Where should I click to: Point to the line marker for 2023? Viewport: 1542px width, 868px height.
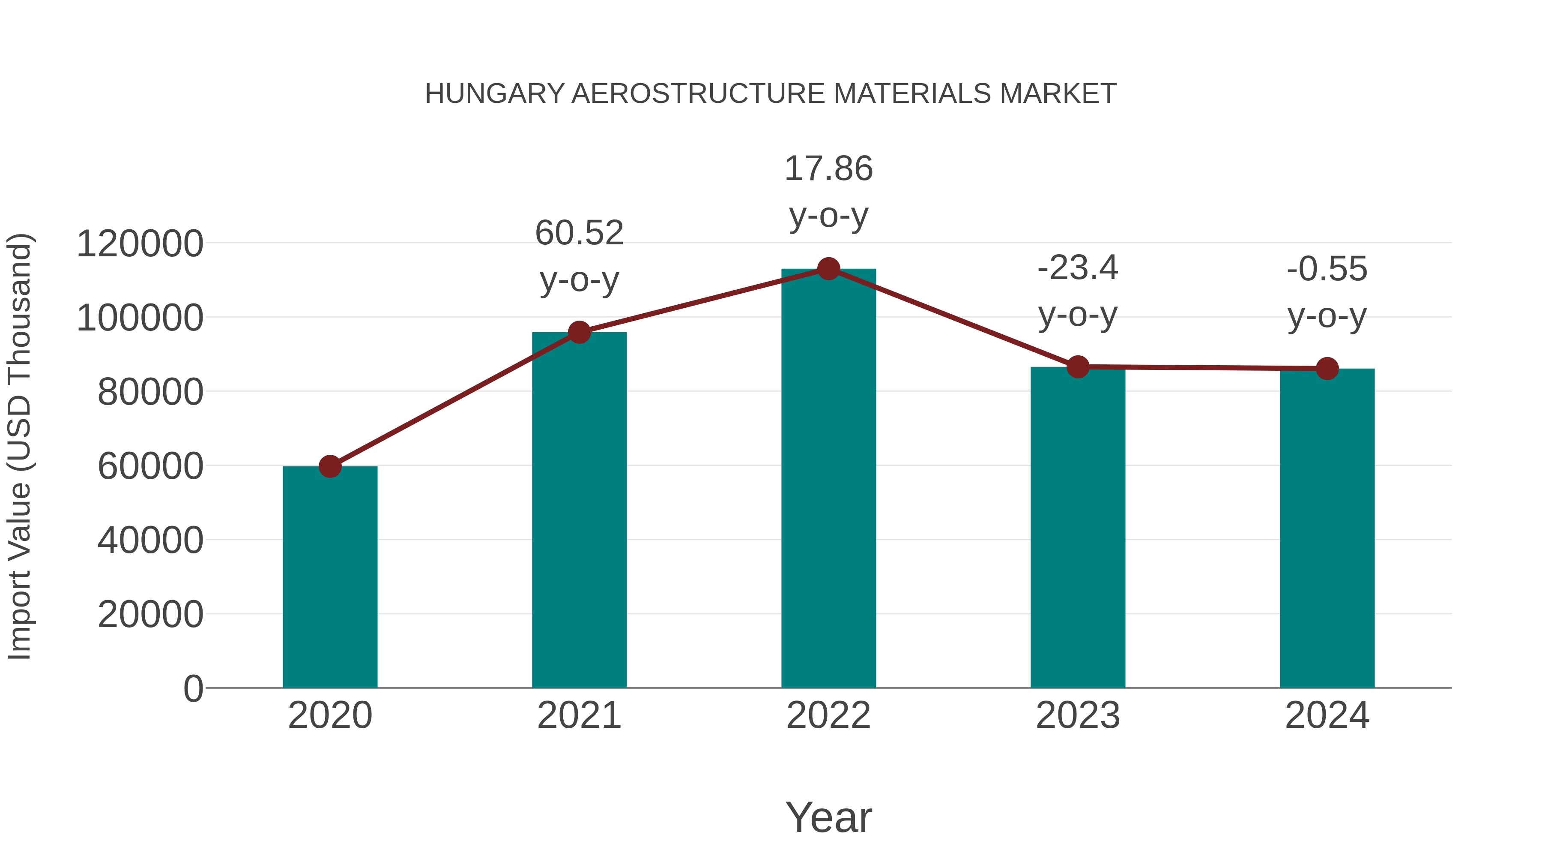click(1078, 366)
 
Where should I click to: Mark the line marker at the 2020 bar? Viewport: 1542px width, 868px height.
click(330, 466)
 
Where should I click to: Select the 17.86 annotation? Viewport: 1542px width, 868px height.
click(828, 169)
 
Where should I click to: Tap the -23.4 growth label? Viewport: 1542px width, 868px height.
click(1078, 268)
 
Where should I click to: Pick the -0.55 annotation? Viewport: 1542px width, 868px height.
click(1327, 269)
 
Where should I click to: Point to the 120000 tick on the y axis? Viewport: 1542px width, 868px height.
click(140, 244)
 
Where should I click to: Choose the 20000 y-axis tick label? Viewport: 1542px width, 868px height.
click(150, 615)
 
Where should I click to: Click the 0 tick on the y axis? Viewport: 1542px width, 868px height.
click(193, 689)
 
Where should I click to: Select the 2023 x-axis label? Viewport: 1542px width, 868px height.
click(1078, 716)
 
